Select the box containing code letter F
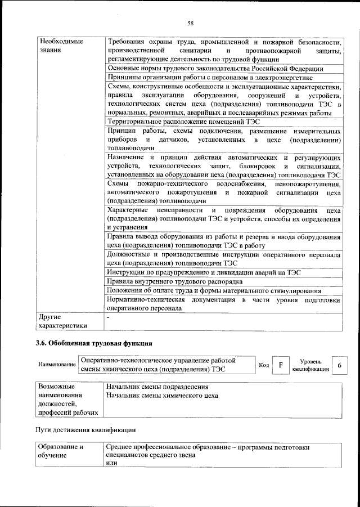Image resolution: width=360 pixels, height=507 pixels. [x=280, y=365]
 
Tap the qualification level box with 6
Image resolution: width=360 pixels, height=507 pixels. [x=339, y=365]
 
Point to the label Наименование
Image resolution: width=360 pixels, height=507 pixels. [x=57, y=365]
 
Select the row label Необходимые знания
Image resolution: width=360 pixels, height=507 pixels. [x=58, y=47]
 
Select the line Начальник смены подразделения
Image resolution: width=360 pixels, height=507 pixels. [x=157, y=387]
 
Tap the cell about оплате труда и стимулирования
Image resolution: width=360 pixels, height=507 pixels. [x=214, y=290]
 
